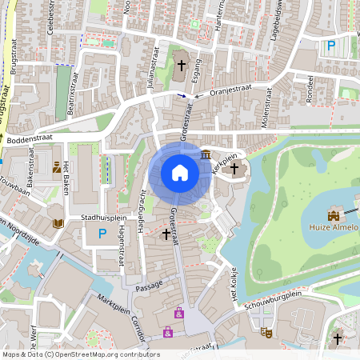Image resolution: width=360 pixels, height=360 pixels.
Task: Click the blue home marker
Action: point(180,173)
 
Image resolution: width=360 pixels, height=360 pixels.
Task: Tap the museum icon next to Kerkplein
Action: point(206,154)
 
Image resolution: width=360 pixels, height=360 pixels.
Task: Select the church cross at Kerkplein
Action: point(234,168)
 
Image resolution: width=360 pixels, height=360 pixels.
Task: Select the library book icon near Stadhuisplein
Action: point(57,224)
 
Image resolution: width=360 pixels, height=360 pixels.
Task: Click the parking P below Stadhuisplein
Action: point(101,234)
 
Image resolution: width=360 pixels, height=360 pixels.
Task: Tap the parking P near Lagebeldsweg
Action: point(330,46)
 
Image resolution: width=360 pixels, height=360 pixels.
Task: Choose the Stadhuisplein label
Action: point(104,217)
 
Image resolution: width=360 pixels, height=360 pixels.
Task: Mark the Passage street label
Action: point(150,285)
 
